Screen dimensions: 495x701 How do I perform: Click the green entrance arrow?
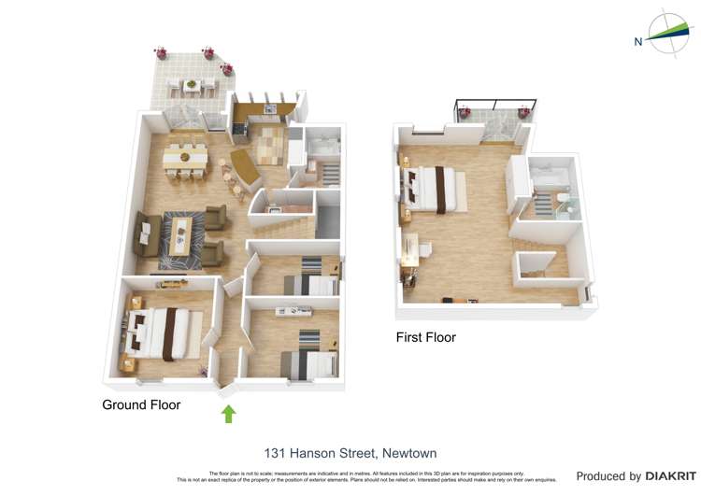tap(228, 414)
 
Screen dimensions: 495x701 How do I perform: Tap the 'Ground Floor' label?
tap(141, 404)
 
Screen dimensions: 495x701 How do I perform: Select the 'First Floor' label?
tap(425, 336)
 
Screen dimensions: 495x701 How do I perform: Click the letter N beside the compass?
tap(638, 41)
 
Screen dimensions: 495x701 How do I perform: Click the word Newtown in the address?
tap(407, 453)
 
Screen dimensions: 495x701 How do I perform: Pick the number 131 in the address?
tap(275, 453)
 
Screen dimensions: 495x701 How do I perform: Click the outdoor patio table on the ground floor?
tap(192, 85)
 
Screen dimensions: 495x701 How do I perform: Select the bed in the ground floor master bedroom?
tap(160, 333)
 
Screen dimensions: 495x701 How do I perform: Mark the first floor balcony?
tap(493, 122)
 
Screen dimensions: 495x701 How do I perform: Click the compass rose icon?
tap(668, 34)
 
